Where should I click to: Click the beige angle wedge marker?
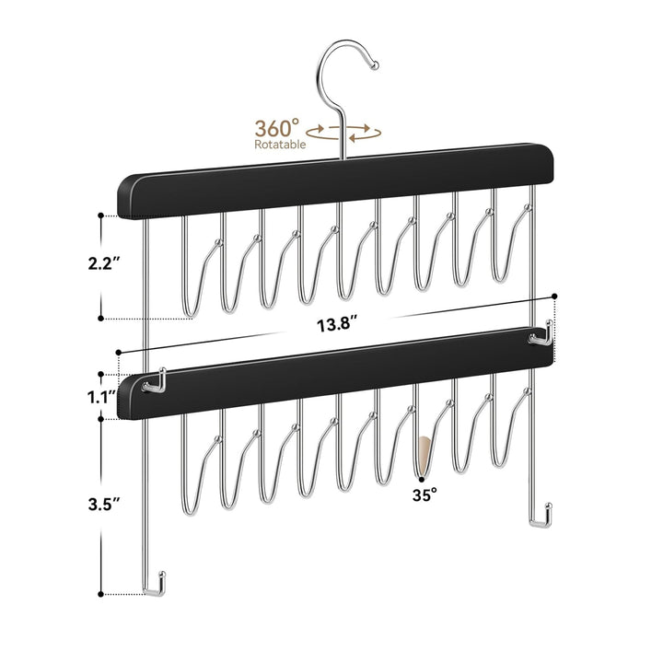pyautogui.click(x=423, y=453)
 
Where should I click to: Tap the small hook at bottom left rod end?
pyautogui.click(x=158, y=585)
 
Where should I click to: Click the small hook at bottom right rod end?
pyautogui.click(x=541, y=515)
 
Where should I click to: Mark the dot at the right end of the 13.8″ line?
pyautogui.click(x=556, y=296)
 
